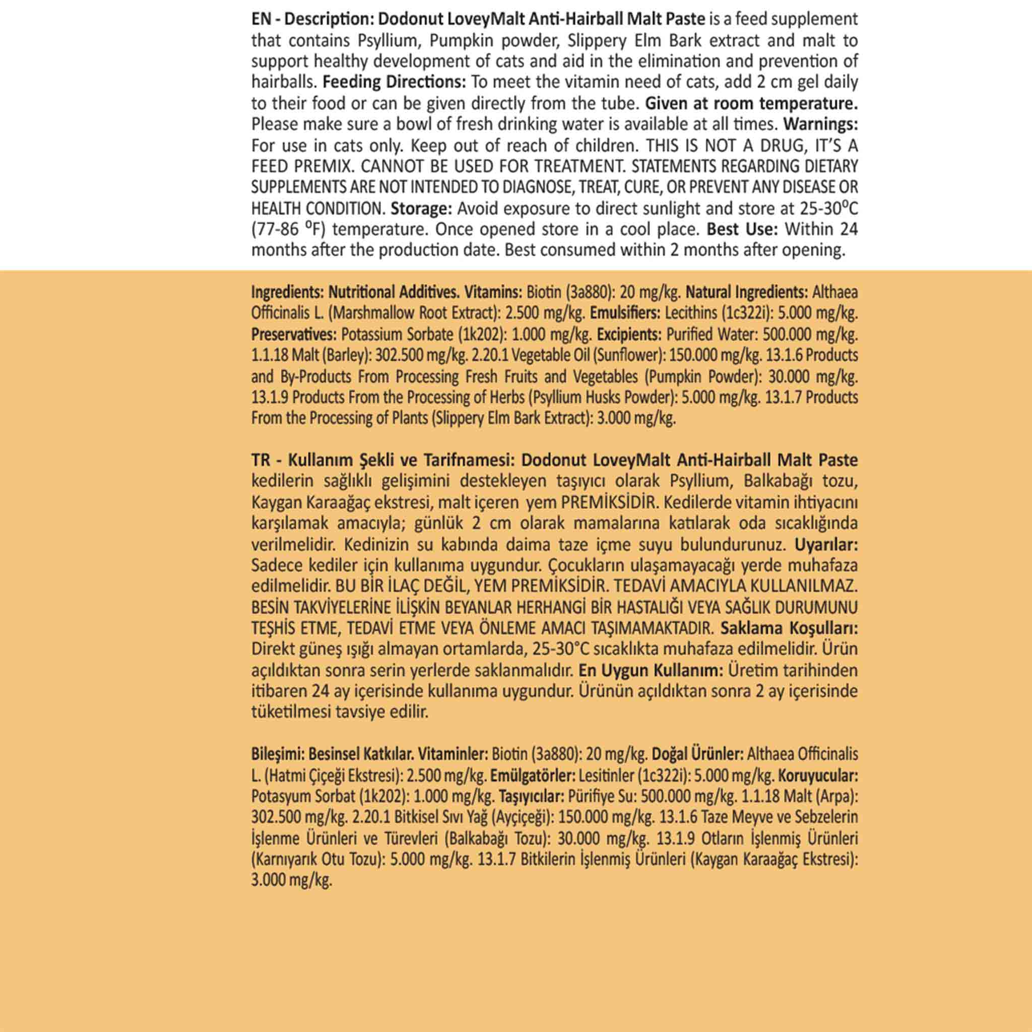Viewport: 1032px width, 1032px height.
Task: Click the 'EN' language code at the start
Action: click(x=261, y=20)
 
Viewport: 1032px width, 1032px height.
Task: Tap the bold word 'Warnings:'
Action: click(x=820, y=124)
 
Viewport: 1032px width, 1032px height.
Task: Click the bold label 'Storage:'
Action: click(x=421, y=208)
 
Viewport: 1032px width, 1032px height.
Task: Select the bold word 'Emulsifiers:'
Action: click(x=625, y=313)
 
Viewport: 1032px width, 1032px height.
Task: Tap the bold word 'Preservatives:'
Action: click(x=294, y=335)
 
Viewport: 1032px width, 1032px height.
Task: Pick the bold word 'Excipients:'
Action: click(x=630, y=335)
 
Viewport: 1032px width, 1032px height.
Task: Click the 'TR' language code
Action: click(x=261, y=461)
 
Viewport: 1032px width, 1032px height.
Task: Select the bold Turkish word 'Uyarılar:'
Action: click(x=826, y=545)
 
